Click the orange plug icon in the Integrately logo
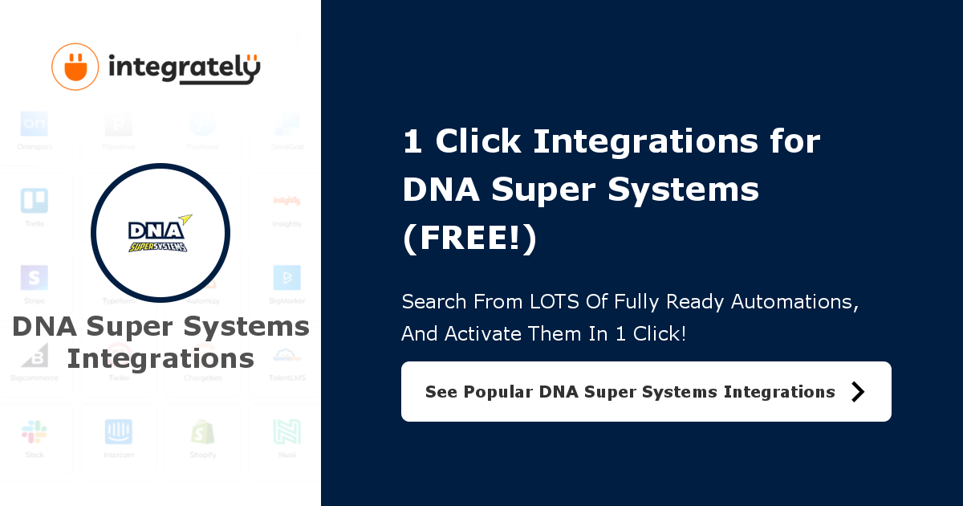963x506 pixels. pyautogui.click(x=75, y=67)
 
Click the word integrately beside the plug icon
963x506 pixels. pyautogui.click(x=184, y=68)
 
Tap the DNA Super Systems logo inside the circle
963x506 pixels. pyautogui.click(x=160, y=233)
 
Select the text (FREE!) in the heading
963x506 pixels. pyautogui.click(x=469, y=239)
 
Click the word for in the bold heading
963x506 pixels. pyautogui.click(x=793, y=142)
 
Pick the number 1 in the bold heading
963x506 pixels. pyautogui.click(x=412, y=142)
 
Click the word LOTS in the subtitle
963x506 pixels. pyautogui.click(x=557, y=302)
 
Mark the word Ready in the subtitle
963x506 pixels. pyautogui.click(x=679, y=302)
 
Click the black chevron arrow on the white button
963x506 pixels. pyautogui.click(x=858, y=391)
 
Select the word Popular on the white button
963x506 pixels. pyautogui.click(x=498, y=392)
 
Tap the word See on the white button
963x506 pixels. pyautogui.click(x=441, y=392)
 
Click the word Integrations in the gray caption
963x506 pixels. pyautogui.click(x=160, y=358)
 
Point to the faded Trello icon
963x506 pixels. pyautogui.click(x=34, y=201)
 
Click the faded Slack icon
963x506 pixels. pyautogui.click(x=34, y=432)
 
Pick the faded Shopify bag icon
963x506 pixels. pyautogui.click(x=203, y=432)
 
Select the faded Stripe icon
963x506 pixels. pyautogui.click(x=34, y=278)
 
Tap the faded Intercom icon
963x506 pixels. pyautogui.click(x=119, y=432)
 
